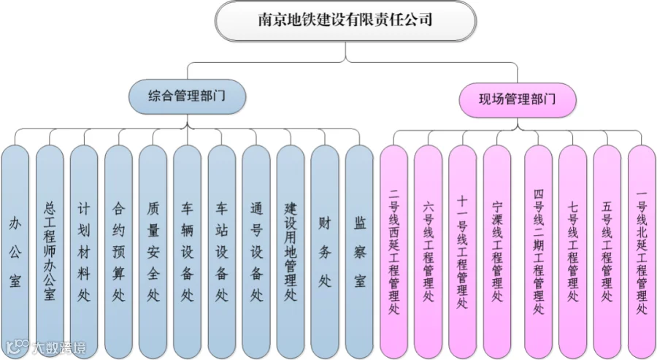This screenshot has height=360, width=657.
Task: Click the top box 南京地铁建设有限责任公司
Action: [x=346, y=20]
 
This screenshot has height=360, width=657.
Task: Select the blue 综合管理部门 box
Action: [x=187, y=96]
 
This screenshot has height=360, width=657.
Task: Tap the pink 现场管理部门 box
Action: [x=518, y=100]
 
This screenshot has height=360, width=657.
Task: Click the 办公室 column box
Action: [x=15, y=252]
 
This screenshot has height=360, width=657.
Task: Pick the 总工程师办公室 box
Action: [x=50, y=252]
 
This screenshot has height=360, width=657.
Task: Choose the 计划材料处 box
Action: [x=84, y=252]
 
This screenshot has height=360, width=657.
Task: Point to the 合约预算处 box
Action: [x=118, y=252]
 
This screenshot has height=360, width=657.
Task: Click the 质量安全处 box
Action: [x=153, y=252]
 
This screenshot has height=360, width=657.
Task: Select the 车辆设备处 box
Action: [x=188, y=252]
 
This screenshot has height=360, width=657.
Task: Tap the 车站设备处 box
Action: [x=222, y=252]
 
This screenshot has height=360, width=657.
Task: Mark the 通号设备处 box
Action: [x=256, y=252]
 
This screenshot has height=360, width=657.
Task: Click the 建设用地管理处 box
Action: [x=291, y=252]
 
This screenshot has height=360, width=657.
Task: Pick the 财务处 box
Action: [x=325, y=252]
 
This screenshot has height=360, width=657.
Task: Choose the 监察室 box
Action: [x=359, y=252]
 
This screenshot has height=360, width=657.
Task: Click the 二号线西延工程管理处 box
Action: [x=394, y=252]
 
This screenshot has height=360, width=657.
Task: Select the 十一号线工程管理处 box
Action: [x=463, y=252]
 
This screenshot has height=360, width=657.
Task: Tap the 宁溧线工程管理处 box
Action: [x=497, y=252]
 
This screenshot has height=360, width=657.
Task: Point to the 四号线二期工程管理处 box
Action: [x=539, y=252]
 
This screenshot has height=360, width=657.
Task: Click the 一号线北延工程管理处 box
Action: [x=642, y=252]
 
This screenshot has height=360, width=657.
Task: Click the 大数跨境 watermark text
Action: [x=58, y=348]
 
